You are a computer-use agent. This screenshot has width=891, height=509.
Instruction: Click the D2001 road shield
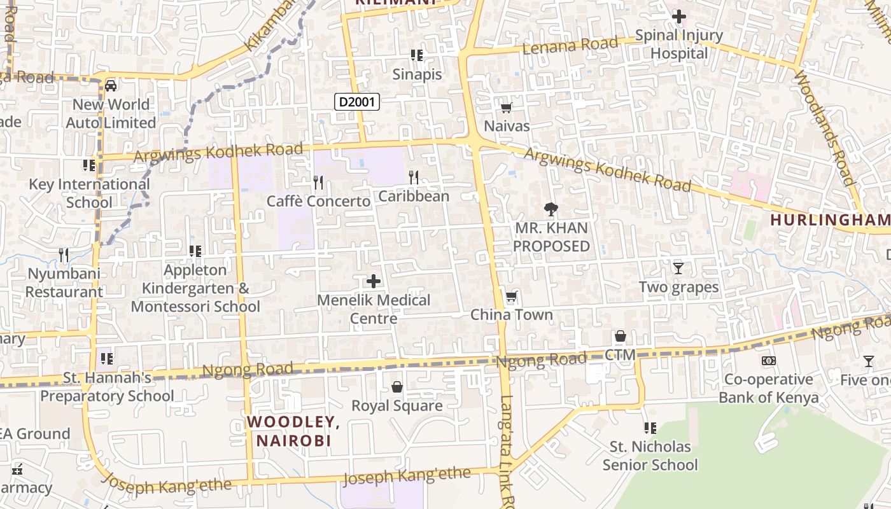pyautogui.click(x=357, y=101)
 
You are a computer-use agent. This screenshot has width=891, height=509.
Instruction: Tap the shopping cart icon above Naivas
pyautogui.click(x=507, y=108)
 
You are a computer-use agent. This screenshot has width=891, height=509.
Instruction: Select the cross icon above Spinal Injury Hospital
pyautogui.click(x=679, y=16)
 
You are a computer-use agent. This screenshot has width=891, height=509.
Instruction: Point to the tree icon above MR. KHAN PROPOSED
pyautogui.click(x=551, y=209)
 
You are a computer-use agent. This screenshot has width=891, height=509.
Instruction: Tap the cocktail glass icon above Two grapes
pyautogui.click(x=678, y=268)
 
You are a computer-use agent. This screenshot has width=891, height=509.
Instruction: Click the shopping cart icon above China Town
pyautogui.click(x=511, y=296)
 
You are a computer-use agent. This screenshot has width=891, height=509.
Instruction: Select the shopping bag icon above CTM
pyautogui.click(x=621, y=336)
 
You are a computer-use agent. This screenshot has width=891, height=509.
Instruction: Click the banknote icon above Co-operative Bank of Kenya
pyautogui.click(x=769, y=361)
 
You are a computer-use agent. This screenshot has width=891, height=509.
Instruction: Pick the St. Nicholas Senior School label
pyautogui.click(x=650, y=456)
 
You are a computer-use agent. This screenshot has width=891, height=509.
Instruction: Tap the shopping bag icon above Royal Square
pyautogui.click(x=397, y=387)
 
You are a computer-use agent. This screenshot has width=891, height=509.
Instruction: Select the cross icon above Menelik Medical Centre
pyautogui.click(x=374, y=281)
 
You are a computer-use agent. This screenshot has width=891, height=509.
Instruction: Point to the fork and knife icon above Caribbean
pyautogui.click(x=414, y=177)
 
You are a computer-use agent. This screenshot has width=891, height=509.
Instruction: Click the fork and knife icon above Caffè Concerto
pyautogui.click(x=318, y=183)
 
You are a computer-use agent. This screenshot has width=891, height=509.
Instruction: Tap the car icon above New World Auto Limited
pyautogui.click(x=111, y=85)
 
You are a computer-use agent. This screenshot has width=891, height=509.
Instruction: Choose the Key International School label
pyautogui.click(x=90, y=193)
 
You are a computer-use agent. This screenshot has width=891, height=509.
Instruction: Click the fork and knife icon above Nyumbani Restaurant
pyautogui.click(x=64, y=255)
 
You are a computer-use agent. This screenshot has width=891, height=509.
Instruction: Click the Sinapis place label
pyautogui.click(x=417, y=74)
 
